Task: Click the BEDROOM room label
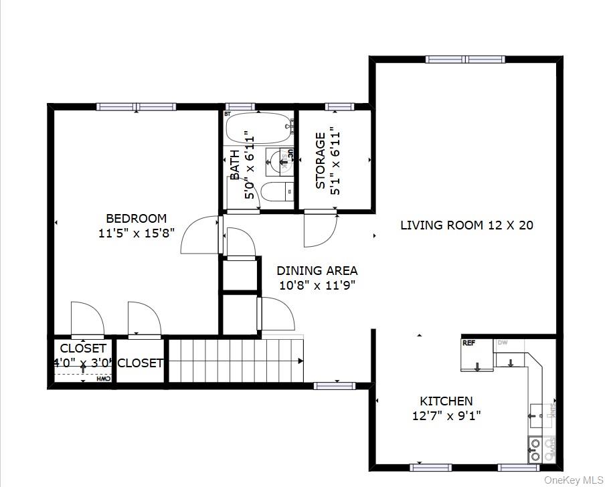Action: pyautogui.click(x=137, y=218)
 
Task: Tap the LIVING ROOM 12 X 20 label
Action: pyautogui.click(x=466, y=225)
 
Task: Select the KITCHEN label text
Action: pyautogui.click(x=446, y=401)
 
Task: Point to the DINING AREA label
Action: pyautogui.click(x=317, y=271)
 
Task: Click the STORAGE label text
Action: pyautogui.click(x=321, y=161)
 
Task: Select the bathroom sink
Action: pyautogui.click(x=280, y=161)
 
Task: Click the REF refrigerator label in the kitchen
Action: pyautogui.click(x=468, y=343)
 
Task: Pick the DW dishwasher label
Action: pyautogui.click(x=502, y=343)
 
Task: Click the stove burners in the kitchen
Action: pyautogui.click(x=535, y=450)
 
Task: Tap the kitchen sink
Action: pyautogui.click(x=541, y=415)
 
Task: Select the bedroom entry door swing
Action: pyautogui.click(x=199, y=235)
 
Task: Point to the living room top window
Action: pyautogui.click(x=466, y=60)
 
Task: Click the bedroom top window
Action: pyautogui.click(x=137, y=106)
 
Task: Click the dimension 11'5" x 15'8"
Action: pyautogui.click(x=137, y=233)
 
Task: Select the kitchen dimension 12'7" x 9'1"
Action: pyautogui.click(x=446, y=416)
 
